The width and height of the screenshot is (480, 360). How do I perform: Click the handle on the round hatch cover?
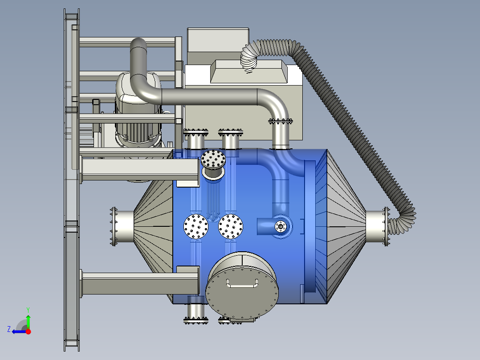pos(242,285)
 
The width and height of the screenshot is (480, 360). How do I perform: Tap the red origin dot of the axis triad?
pos(28,331)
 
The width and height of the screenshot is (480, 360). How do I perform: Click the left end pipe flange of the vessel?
pos(114,226)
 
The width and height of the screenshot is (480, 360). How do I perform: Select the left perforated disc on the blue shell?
pos(196,226)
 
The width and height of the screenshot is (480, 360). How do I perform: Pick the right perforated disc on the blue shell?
pos(231,226)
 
